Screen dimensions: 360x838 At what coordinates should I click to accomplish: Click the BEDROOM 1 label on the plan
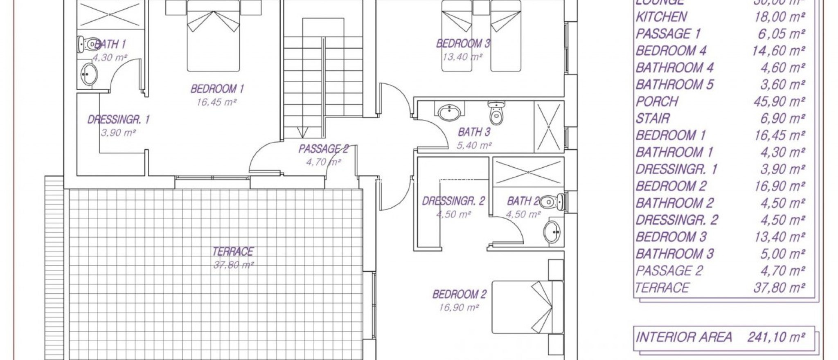point(217,89)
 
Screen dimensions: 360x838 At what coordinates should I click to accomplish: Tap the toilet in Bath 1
point(86,44)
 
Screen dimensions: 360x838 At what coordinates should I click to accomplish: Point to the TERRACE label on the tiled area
point(233,251)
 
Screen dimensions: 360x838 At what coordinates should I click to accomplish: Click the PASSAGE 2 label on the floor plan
point(323,149)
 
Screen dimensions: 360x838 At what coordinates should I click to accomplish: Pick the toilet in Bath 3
point(496,112)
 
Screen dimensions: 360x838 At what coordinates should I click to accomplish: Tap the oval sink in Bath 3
point(449,112)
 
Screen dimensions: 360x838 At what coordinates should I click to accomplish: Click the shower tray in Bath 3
point(549,127)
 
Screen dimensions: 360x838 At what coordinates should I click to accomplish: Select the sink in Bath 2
point(552,232)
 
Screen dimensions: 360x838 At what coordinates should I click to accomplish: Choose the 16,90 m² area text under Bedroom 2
point(458,308)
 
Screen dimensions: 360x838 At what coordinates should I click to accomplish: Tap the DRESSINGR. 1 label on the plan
point(118,120)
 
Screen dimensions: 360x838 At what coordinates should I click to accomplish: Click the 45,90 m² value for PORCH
point(779,101)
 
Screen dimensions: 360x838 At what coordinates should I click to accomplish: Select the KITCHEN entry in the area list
point(661,17)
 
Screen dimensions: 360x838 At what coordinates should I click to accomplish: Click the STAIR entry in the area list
point(653,119)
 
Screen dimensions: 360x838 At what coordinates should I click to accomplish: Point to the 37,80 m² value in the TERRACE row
point(779,288)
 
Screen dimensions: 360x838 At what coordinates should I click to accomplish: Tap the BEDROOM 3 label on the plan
point(463,43)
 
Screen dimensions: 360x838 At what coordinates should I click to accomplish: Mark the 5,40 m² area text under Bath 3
point(474,145)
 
